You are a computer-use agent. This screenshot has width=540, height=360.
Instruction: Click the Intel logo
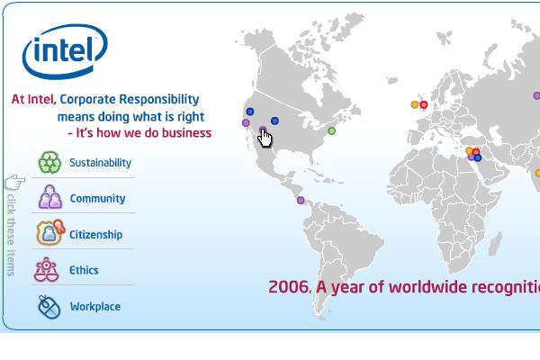(65, 51)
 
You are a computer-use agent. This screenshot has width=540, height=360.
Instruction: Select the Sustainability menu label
(100, 163)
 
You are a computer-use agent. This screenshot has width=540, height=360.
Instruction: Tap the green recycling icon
(49, 162)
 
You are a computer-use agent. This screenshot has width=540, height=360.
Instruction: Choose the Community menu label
(97, 198)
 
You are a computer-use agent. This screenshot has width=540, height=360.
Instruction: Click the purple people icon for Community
(50, 197)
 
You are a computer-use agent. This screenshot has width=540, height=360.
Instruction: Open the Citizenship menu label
(95, 235)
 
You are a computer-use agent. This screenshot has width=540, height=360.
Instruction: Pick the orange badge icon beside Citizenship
(50, 232)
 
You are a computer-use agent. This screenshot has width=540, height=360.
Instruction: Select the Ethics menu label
(84, 270)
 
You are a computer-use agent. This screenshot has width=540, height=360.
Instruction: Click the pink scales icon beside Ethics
(46, 269)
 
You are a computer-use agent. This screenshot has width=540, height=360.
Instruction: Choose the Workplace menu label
(95, 307)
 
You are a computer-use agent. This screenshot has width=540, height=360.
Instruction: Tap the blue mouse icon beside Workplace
(49, 307)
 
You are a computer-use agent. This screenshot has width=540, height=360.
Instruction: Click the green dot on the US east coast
(331, 130)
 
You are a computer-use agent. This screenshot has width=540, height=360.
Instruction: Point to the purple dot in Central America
(301, 200)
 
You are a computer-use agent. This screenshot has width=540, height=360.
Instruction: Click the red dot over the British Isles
(424, 104)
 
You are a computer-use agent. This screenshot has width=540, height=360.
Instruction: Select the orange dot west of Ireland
(415, 104)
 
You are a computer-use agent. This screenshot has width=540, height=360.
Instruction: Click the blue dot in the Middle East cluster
(478, 157)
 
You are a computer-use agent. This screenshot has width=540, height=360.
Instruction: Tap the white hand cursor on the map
(264, 138)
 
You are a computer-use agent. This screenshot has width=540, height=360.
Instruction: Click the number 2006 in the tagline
(288, 287)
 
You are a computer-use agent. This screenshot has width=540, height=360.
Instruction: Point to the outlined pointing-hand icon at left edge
(15, 182)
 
